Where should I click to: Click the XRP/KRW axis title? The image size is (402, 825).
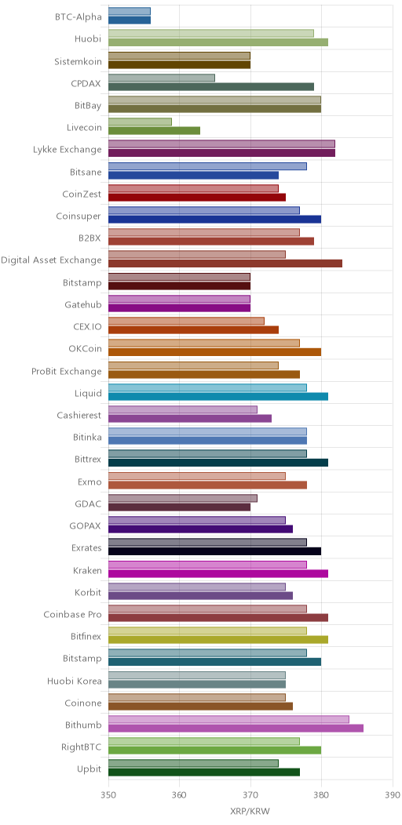pyautogui.click(x=250, y=812)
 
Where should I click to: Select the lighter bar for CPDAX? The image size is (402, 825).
pyautogui.click(x=162, y=78)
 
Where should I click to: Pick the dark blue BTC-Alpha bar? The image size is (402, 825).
pyautogui.click(x=130, y=20)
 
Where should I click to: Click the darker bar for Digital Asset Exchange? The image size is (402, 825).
pyautogui.click(x=225, y=263)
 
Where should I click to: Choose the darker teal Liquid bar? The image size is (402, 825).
pyautogui.click(x=218, y=396)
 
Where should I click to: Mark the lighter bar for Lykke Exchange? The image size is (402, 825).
pyautogui.click(x=222, y=144)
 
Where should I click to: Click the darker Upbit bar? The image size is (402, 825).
pyautogui.click(x=204, y=772)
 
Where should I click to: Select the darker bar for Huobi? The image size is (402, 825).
pyautogui.click(x=218, y=42)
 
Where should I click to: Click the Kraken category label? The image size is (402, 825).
pyautogui.click(x=87, y=570)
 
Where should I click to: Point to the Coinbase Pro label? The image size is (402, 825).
pyautogui.click(x=73, y=615)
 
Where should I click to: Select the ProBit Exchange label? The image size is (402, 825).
pyautogui.click(x=67, y=372)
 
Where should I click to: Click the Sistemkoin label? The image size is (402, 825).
pyautogui.click(x=78, y=61)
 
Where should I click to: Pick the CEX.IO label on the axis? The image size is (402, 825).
pyautogui.click(x=87, y=327)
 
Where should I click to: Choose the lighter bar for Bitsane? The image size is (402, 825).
pyautogui.click(x=207, y=166)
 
